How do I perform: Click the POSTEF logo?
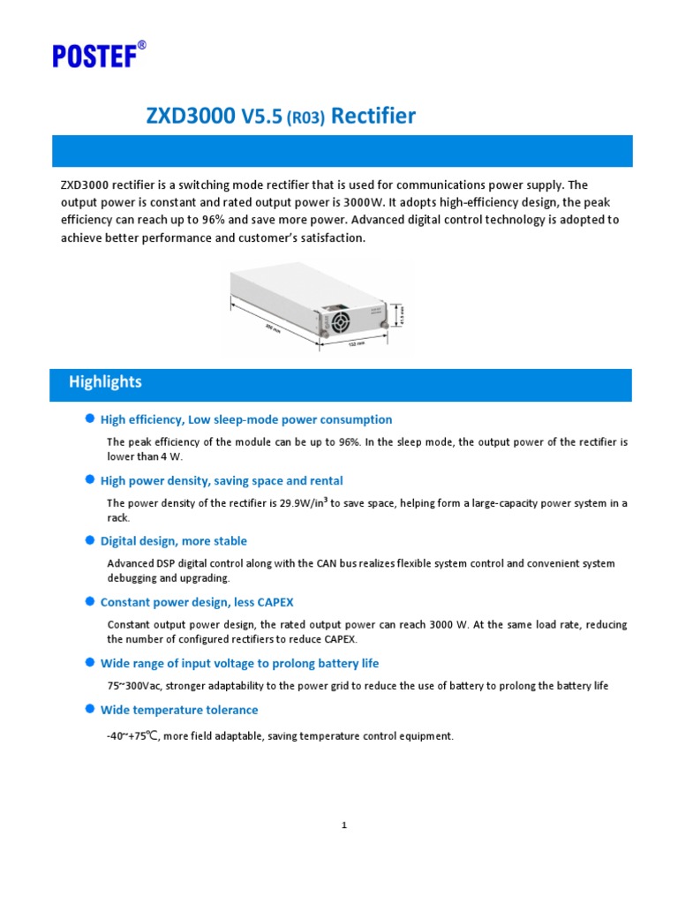[98, 56]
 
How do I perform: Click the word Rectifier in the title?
[373, 116]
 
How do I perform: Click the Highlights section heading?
[105, 381]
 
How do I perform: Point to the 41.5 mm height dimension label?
[403, 313]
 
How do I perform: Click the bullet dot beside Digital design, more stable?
[89, 540]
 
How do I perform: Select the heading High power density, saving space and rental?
[222, 480]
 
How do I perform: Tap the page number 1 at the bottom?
[344, 825]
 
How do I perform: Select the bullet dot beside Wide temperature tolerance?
[89, 709]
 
